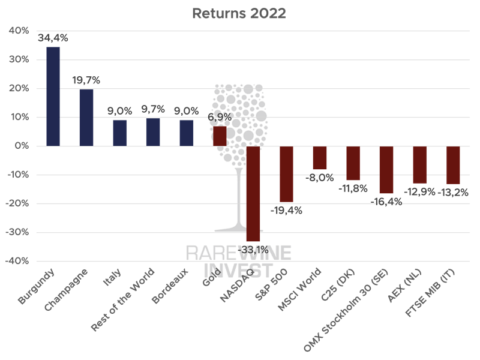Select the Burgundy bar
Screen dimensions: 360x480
53,96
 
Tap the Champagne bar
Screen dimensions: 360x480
86,118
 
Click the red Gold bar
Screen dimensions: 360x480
220,136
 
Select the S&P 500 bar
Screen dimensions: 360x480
286,174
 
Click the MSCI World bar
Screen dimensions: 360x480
320,158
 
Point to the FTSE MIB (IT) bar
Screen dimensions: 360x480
453,165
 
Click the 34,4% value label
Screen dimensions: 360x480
53,37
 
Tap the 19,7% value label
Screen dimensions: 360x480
86,80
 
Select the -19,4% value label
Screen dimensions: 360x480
286,211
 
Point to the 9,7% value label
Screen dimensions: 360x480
152,109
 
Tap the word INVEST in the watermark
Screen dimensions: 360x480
238,270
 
